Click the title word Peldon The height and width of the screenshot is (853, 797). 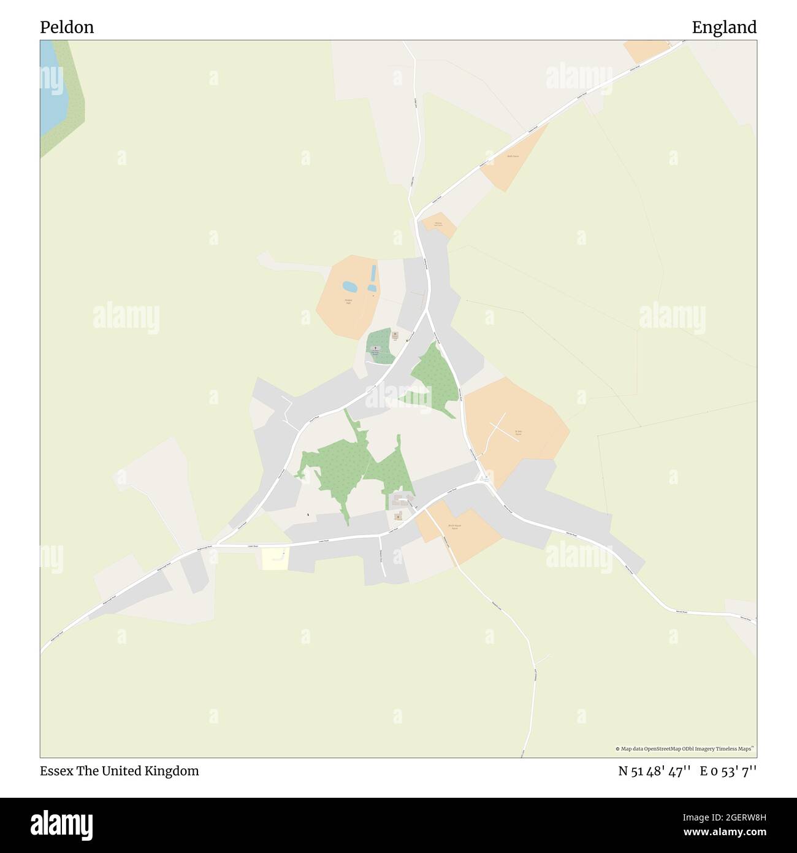[67, 27]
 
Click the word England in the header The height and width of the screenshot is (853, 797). [723, 27]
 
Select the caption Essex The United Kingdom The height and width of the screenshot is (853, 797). [120, 771]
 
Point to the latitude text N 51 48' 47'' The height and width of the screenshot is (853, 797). [655, 771]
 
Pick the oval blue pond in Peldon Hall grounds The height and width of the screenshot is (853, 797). [349, 287]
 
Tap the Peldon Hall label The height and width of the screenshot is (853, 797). [348, 301]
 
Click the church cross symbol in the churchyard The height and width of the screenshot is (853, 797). [375, 348]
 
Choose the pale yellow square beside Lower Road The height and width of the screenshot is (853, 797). [275, 559]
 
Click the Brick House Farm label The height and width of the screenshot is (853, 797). [454, 527]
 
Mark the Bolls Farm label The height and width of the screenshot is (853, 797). [513, 156]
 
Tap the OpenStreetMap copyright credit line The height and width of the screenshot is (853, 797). [685, 749]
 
